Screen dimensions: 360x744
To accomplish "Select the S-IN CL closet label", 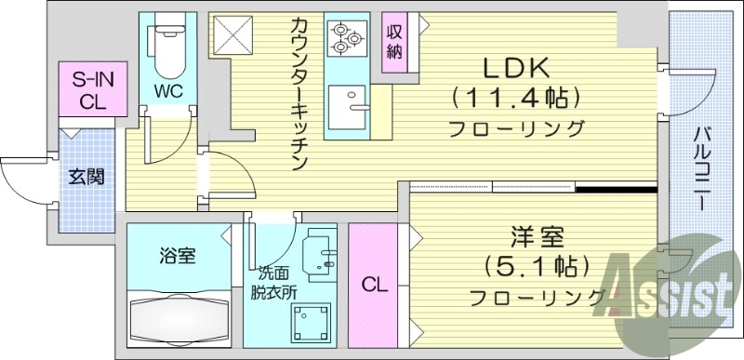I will tap(86, 91).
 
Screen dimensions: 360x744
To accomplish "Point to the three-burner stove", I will tap(346, 36).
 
